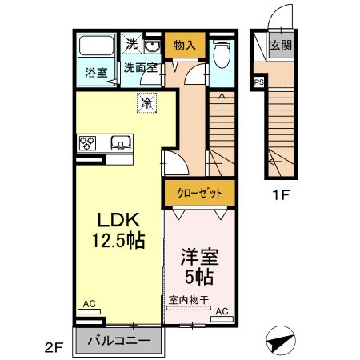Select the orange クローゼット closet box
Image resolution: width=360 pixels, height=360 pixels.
coord(199,193)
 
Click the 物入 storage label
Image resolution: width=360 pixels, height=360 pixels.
coord(185,46)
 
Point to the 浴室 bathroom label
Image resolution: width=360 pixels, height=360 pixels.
coord(95,71)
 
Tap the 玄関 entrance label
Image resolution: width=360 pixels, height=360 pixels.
coord(280,45)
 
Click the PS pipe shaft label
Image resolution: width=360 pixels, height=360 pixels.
coord(259,82)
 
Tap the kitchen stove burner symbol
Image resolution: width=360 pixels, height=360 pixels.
coord(87,144)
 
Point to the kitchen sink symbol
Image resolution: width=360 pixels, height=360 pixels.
coord(121,144)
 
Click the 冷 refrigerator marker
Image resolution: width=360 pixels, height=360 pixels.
coord(146,102)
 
